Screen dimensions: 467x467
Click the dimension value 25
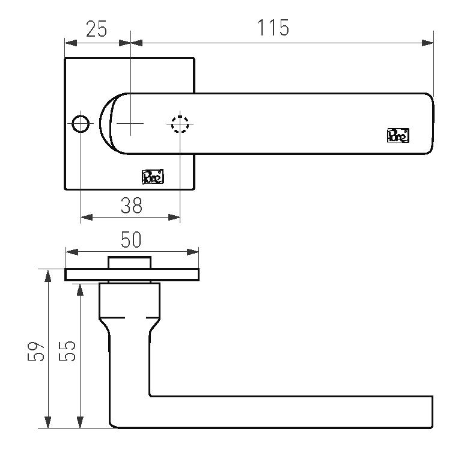click(96, 29)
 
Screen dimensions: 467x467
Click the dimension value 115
click(273, 28)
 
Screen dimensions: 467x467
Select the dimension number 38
click(131, 206)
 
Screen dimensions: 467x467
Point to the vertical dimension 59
click(37, 352)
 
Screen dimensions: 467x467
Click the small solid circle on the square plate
click(80, 124)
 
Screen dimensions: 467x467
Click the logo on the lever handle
click(398, 135)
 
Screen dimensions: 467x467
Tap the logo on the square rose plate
click(153, 176)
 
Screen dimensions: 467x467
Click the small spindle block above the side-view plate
click(129, 263)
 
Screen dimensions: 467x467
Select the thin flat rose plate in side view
click(132, 275)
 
